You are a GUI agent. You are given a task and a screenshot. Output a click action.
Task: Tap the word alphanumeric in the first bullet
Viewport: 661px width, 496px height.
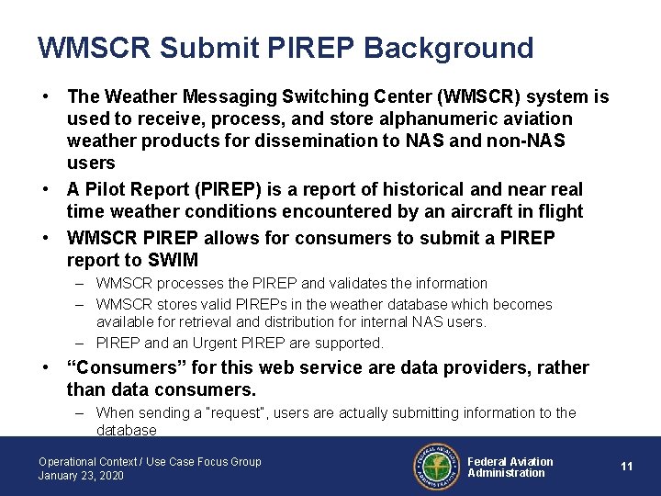tap(425, 119)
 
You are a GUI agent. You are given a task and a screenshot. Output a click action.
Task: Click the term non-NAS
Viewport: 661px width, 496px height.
tap(532, 141)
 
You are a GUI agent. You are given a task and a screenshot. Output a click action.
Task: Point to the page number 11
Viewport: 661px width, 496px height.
tap(627, 467)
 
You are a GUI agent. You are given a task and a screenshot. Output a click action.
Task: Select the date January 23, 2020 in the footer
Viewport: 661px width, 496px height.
tap(81, 476)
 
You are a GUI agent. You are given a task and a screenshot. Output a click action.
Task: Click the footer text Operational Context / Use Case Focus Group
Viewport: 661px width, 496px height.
tap(150, 462)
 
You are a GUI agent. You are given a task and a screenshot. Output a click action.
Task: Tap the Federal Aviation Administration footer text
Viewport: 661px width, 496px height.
tap(510, 468)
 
